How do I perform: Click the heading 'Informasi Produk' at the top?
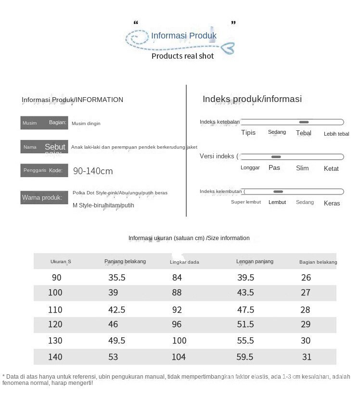coord(184,36)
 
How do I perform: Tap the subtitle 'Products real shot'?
coord(182,56)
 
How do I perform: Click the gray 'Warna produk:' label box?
coord(44,197)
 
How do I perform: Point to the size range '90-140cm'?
coord(93,171)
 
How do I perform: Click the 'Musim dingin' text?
coord(86,124)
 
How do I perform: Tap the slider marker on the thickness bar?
coord(304,122)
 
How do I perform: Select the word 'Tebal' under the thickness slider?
coord(304,133)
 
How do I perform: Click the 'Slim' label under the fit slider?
coord(302,168)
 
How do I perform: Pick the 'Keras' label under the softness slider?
coord(332,203)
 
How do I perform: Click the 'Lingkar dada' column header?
coord(184,262)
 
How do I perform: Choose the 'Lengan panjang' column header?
coord(255,261)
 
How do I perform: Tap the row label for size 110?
coord(55,310)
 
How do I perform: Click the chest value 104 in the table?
coord(179,357)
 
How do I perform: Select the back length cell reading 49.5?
coord(116,341)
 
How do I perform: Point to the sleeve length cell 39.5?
coord(245,278)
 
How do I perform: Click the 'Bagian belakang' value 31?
coord(307,357)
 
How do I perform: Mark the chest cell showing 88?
coord(177,293)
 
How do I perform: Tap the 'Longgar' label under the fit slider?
coord(250,168)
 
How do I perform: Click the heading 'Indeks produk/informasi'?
coord(252,99)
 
